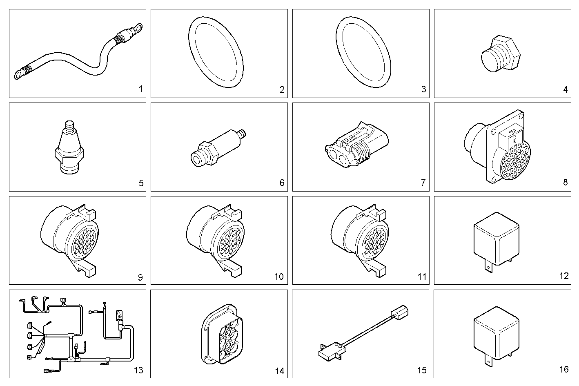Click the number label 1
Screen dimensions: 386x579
[x=140, y=89]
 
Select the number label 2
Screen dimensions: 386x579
[x=282, y=89]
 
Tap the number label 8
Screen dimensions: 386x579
[x=565, y=182]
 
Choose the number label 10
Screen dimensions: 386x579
[x=278, y=277]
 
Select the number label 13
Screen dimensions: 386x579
[x=138, y=370]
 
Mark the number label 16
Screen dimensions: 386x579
[x=563, y=369]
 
